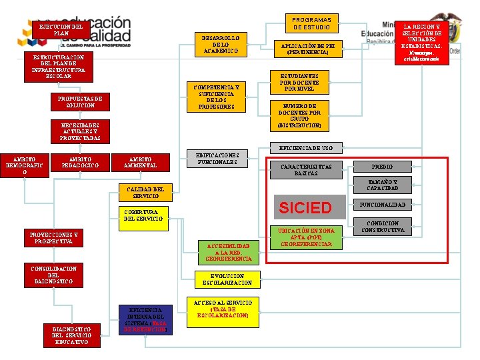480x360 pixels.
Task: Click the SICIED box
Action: click(305, 207)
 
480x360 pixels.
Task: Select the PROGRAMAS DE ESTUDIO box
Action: click(311, 23)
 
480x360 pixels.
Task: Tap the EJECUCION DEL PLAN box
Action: click(61, 30)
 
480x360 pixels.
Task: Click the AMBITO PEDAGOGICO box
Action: click(79, 162)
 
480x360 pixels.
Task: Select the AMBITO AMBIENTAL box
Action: click(139, 162)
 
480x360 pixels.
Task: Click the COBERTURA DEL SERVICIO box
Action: click(143, 215)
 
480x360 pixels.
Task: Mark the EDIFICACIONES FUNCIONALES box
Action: click(217, 159)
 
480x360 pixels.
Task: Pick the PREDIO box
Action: click(382, 166)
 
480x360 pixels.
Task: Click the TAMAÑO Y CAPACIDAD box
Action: click(382, 185)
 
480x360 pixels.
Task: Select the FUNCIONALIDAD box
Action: click(382, 204)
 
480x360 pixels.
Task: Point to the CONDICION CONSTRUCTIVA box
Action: click(382, 227)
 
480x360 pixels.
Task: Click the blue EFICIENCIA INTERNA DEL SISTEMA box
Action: click(145, 319)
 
